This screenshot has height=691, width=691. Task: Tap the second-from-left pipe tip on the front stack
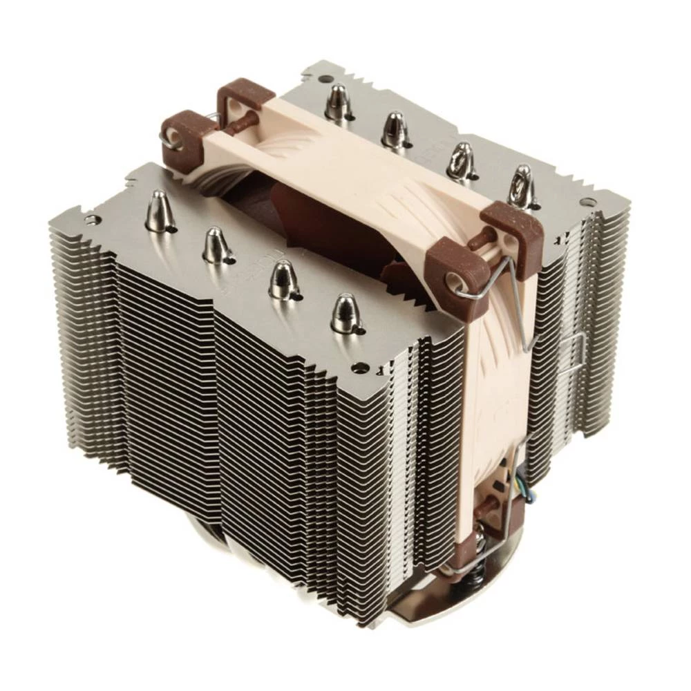(x=216, y=245)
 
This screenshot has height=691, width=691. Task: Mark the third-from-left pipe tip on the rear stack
(x=459, y=160)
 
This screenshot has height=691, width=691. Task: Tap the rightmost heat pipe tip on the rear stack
(x=522, y=185)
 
